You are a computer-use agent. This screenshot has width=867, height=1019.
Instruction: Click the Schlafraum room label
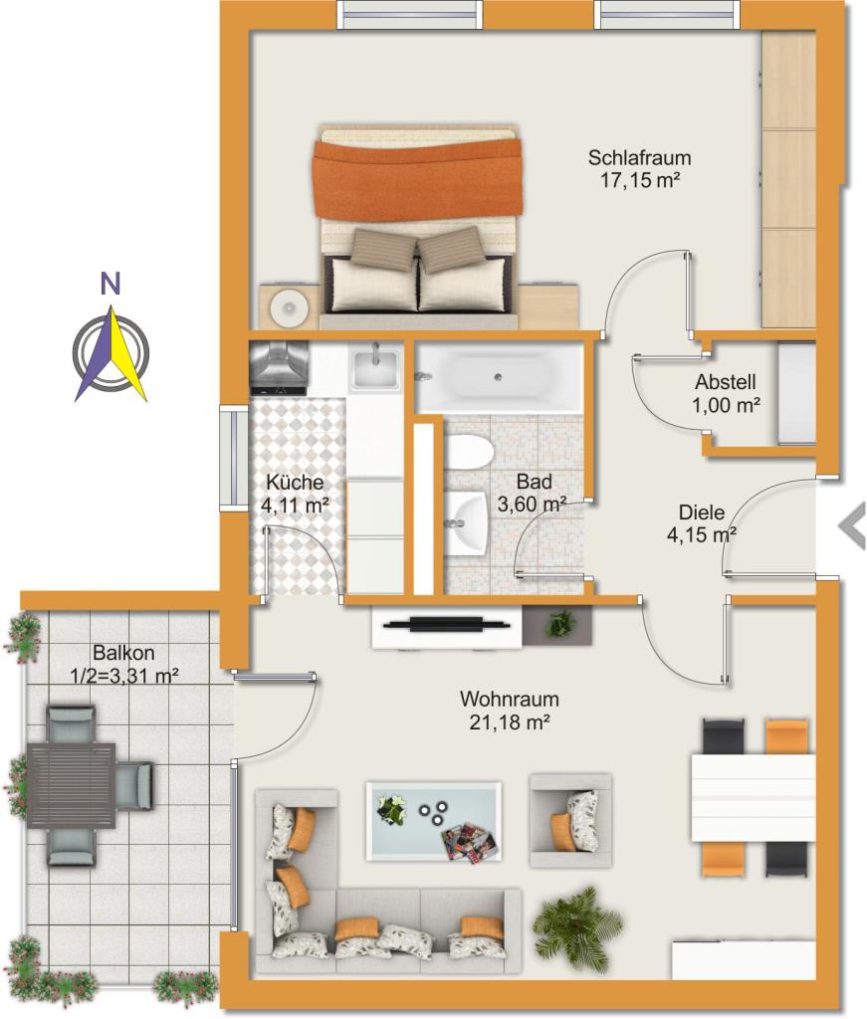point(639,158)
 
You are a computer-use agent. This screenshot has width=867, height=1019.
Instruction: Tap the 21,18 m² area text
point(511,722)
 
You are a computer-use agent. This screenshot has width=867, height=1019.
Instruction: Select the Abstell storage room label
point(726,381)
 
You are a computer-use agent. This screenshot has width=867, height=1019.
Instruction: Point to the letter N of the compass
point(111,284)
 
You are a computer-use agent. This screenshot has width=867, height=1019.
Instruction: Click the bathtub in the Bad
point(499,377)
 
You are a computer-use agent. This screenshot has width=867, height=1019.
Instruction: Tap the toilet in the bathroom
point(468,452)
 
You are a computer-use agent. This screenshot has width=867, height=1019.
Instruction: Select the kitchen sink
point(375,369)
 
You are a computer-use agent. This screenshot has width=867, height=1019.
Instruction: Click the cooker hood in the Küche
point(278,368)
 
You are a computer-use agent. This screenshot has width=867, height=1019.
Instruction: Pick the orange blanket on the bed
point(418,177)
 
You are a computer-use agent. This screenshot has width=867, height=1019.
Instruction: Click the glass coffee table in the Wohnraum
point(434,821)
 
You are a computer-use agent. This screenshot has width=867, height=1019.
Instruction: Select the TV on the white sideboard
point(447,625)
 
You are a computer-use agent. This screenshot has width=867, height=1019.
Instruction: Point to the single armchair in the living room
point(570,820)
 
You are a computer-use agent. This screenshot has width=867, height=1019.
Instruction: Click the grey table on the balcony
point(72,786)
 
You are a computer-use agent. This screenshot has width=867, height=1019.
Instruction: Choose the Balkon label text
point(123,652)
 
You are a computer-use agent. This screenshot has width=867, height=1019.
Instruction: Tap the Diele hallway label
point(702,512)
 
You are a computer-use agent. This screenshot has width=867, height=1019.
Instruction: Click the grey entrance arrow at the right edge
point(851,525)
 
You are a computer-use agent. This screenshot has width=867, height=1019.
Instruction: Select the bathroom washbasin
point(466,523)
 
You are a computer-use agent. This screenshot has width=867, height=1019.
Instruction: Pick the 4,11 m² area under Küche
point(295,505)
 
